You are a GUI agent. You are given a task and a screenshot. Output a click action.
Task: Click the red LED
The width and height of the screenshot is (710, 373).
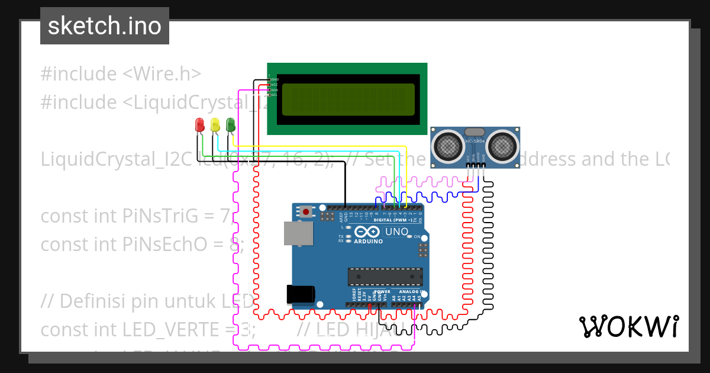coord(200,124)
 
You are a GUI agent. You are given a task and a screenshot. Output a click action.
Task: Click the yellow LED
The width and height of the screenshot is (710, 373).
coord(215,124)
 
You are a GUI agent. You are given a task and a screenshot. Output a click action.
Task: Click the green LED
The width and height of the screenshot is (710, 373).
coord(230,124)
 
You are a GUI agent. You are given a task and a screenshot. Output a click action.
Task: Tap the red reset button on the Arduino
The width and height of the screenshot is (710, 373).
coord(306,211)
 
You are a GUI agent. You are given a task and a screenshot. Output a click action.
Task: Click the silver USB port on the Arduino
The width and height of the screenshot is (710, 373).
coord(298,233)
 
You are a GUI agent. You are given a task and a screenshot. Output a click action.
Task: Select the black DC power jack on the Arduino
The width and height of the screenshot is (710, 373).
coord(300,294)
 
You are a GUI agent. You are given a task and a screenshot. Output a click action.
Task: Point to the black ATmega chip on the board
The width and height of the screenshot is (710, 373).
coord(385,276)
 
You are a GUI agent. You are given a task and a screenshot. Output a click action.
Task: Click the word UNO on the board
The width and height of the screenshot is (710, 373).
coord(396,231)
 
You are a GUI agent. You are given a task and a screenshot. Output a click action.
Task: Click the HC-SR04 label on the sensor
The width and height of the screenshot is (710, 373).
coord(475,142)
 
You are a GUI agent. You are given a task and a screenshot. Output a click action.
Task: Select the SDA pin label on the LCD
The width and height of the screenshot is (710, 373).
coord(274,90)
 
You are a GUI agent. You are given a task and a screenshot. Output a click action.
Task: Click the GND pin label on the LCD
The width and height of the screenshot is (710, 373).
coord(274,79)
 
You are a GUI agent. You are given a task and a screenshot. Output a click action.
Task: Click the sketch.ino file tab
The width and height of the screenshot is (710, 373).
coord(105,26)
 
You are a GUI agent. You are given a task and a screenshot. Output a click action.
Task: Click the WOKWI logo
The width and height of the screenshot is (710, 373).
coord(628,326)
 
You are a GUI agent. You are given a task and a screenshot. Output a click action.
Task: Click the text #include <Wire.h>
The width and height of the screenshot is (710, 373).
coord(121,74)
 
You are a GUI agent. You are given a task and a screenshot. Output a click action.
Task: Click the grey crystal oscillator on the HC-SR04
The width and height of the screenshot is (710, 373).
coord(475,131)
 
